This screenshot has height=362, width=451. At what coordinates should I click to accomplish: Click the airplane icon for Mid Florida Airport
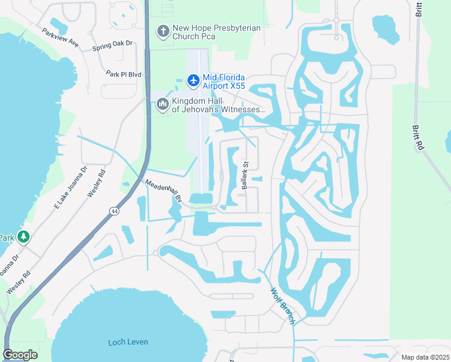pos(193,80)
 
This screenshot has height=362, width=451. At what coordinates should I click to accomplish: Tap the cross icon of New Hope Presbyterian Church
pos(162,31)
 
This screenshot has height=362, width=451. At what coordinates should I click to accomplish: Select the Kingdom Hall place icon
pos(162,105)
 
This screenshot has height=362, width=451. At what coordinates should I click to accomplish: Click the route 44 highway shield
pos(114,211)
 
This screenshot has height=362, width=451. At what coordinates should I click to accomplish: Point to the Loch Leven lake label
pos(128,342)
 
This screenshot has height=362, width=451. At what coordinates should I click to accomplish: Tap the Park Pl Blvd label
pos(123,74)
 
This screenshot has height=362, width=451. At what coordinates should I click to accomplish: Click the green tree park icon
pos(24,237)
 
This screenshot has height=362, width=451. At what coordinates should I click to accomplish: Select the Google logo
pos(20,355)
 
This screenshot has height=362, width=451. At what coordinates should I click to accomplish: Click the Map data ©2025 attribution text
pos(424,357)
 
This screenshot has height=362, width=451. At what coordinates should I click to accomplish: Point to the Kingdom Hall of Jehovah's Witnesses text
pos(218,105)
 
